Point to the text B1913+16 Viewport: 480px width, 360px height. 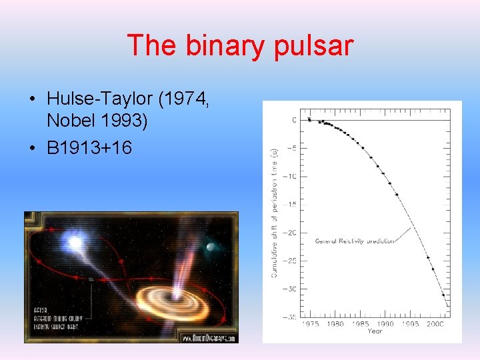89,147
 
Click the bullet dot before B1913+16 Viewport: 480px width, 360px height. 33,147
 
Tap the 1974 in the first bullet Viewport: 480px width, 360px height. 184,99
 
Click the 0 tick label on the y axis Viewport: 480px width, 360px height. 294,120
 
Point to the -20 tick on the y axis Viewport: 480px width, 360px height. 290,233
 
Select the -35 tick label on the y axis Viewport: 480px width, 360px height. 290,317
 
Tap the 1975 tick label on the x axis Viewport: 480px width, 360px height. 310,325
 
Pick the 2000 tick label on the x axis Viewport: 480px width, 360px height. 436,325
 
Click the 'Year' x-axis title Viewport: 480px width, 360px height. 375,331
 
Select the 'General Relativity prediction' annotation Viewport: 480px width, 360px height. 354,241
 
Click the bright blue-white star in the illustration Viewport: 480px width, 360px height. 74,242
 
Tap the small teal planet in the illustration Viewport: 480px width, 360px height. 211,247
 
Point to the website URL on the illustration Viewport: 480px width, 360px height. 209,338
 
